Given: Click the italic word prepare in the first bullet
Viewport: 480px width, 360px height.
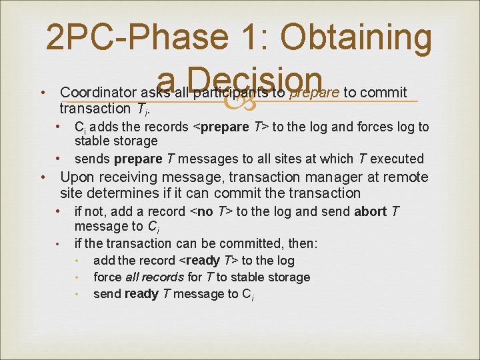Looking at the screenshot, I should click(313, 91).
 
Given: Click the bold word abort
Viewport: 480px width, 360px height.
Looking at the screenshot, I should click(371, 211).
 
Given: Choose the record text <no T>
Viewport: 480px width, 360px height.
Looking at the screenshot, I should click(211, 211).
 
